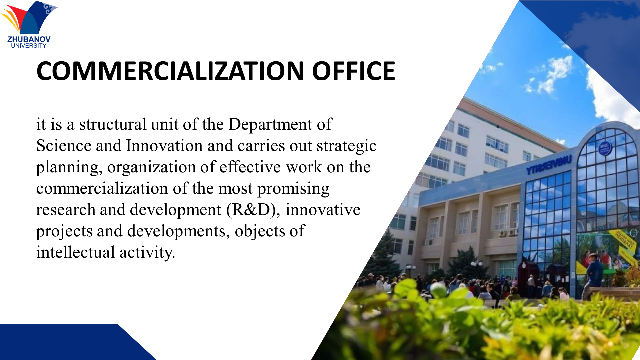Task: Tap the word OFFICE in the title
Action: [x=353, y=71]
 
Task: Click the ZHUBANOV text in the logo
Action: [x=29, y=39]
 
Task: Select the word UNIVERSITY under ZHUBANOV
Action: [x=29, y=46]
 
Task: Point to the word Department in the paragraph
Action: [x=270, y=125]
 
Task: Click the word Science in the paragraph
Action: [x=64, y=146]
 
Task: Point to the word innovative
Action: [x=323, y=210]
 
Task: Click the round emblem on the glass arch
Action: [x=604, y=148]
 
